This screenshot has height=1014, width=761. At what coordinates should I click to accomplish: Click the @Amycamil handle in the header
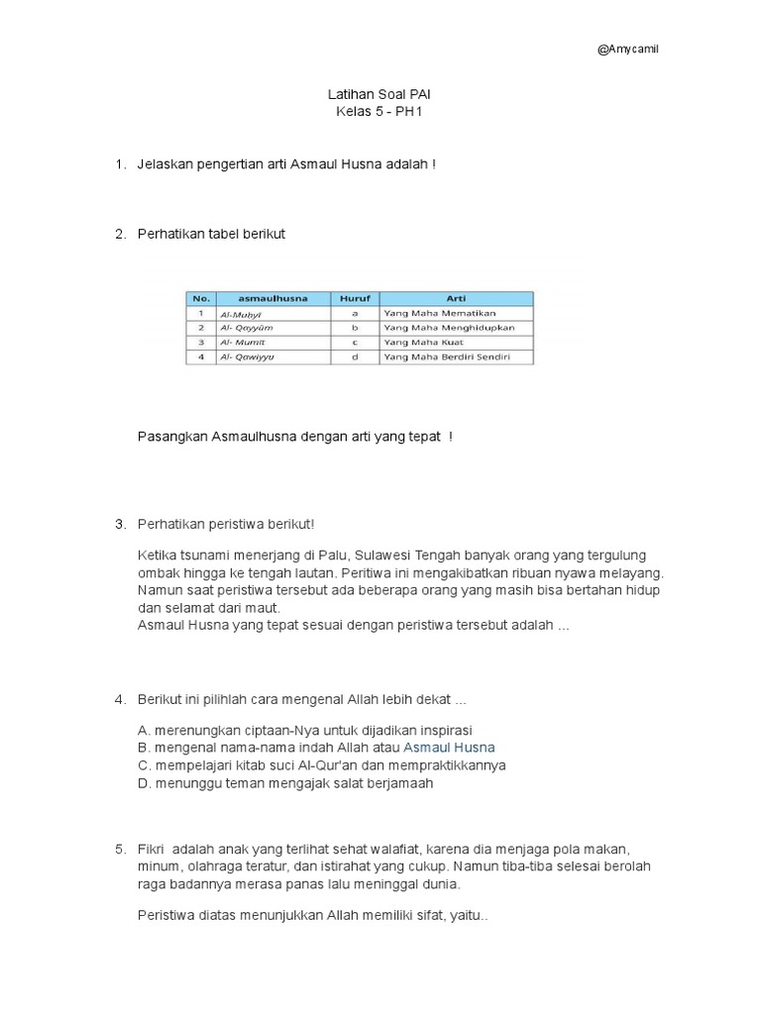pyautogui.click(x=627, y=51)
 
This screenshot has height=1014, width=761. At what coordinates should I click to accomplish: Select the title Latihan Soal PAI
pyautogui.click(x=380, y=94)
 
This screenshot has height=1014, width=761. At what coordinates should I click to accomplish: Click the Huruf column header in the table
pyautogui.click(x=354, y=298)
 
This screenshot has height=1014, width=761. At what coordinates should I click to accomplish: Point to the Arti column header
pyautogui.click(x=456, y=298)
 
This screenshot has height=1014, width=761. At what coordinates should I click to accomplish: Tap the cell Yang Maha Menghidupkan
pyautogui.click(x=449, y=327)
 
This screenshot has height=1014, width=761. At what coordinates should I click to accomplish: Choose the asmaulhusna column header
pyautogui.click(x=272, y=298)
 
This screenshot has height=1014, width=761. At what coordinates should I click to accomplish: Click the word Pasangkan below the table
pyautogui.click(x=167, y=437)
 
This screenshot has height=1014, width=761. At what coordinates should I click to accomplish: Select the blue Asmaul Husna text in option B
pyautogui.click(x=449, y=748)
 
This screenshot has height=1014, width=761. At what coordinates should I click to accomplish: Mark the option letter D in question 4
pyautogui.click(x=144, y=783)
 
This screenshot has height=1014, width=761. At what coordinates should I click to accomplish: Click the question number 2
pyautogui.click(x=120, y=234)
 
